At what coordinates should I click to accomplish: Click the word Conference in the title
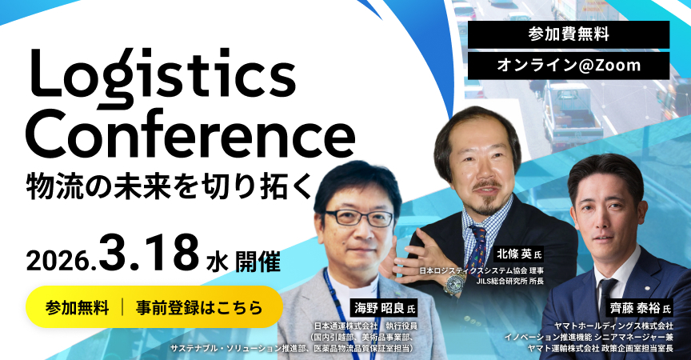pos(190,135)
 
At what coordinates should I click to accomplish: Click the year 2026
pos(62,262)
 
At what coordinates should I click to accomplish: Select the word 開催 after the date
pos(258,262)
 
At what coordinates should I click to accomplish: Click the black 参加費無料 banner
pos(569,34)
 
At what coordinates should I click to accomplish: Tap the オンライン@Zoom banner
pos(569,66)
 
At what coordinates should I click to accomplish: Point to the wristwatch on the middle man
pos(452,286)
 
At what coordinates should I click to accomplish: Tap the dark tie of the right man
pos(606,296)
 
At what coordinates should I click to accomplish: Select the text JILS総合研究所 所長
pos(509,281)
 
